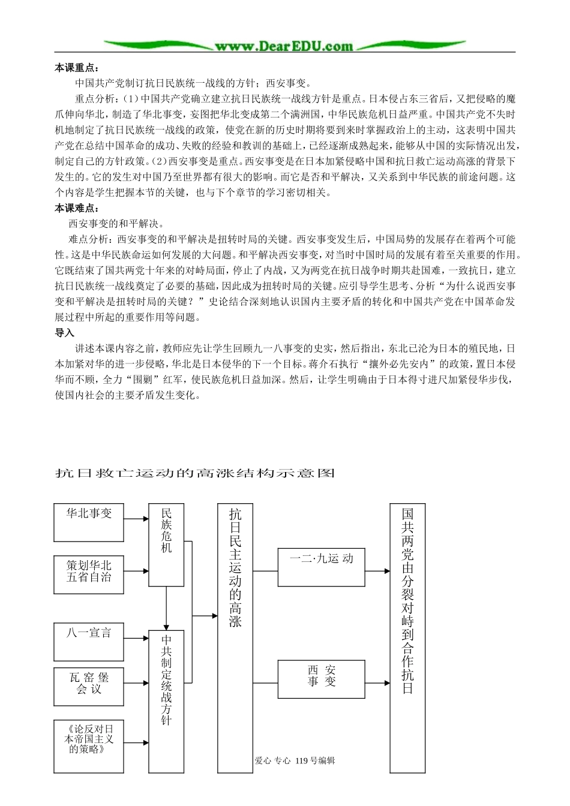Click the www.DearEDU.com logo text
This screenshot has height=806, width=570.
coord(284,46)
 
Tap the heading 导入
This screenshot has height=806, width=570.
coord(64,332)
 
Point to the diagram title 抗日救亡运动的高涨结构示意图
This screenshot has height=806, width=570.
coord(195,473)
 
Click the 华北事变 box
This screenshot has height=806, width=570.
coord(89,522)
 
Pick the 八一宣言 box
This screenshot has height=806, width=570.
coord(89,640)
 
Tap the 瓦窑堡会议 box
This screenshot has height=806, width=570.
coord(89,686)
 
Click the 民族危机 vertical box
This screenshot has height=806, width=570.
coord(166,545)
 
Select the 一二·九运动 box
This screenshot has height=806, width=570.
coord(321,567)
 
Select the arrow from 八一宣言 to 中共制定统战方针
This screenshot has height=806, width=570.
coord(137,639)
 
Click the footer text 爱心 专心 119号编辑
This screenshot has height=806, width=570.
coord(295,760)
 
